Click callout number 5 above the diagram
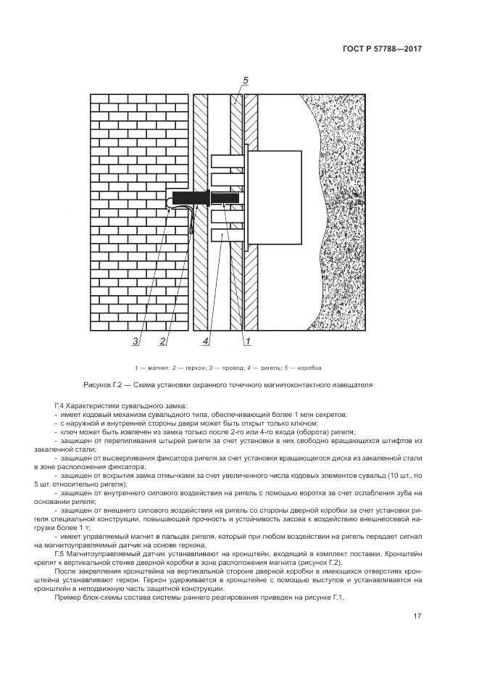pyautogui.click(x=246, y=80)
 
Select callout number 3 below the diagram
pyautogui.click(x=135, y=341)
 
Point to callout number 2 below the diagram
pyautogui.click(x=163, y=341)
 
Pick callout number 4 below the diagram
pyautogui.click(x=206, y=341)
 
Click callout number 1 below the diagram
pyautogui.click(x=247, y=341)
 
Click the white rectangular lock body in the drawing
pyautogui.click(x=276, y=197)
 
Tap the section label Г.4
pyautogui.click(x=60, y=405)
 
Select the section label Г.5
pyautogui.click(x=60, y=553)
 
